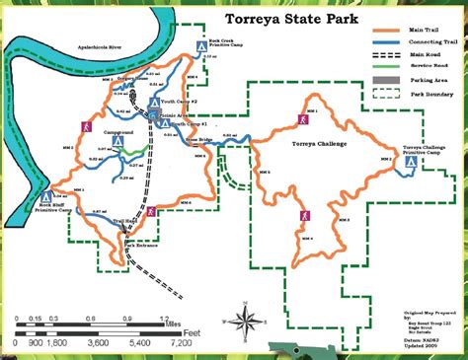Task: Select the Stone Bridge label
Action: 198,140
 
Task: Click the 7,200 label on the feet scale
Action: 180,343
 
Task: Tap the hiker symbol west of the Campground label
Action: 87,128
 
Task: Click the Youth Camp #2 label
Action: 180,102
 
